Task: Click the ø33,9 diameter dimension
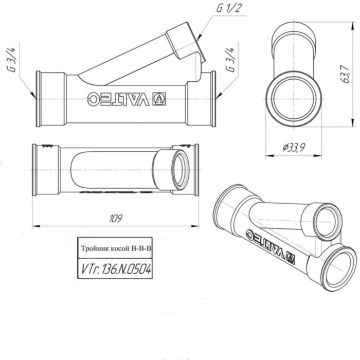pos(293,148)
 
